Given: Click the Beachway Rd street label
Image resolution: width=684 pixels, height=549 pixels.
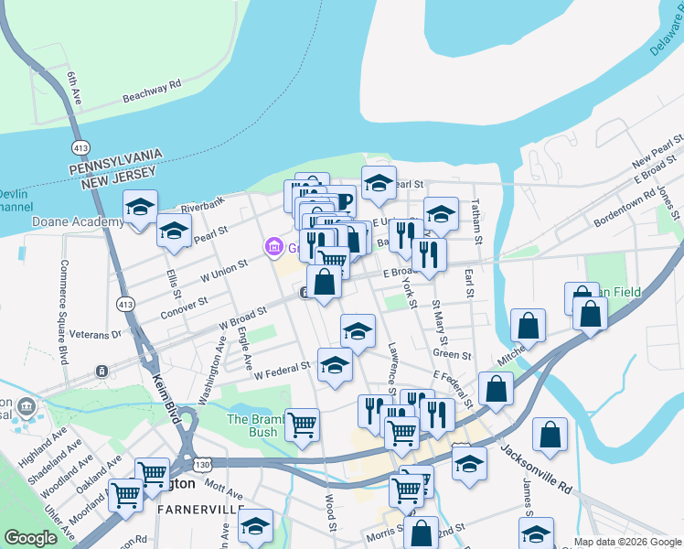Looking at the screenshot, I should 152,91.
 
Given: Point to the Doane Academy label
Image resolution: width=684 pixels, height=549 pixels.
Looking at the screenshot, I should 65,222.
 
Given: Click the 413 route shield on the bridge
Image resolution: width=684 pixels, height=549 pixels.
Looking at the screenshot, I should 80,147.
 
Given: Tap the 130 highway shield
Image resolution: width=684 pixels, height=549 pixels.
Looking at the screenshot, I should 188,465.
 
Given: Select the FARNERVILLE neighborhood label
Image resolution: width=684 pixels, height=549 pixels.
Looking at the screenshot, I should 200,509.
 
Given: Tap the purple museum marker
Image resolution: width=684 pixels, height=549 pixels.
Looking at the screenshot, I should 272,247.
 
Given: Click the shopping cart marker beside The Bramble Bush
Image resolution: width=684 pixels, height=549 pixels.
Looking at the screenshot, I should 302,424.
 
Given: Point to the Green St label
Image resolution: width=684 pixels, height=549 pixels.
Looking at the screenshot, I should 452,354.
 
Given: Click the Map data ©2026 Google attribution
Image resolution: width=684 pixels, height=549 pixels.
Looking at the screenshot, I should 627,542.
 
